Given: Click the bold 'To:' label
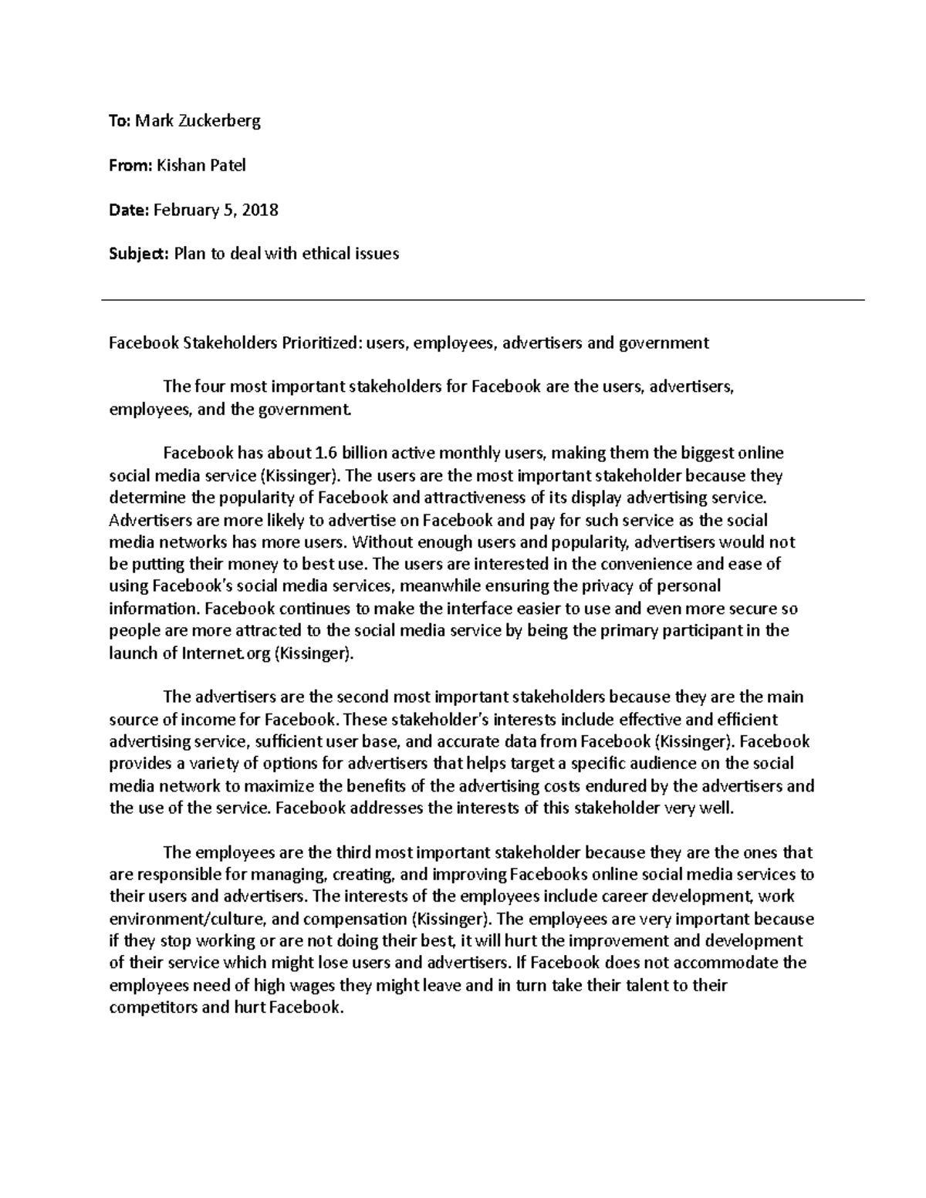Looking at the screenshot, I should pyautogui.click(x=120, y=120).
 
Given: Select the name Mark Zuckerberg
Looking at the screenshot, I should pyautogui.click(x=198, y=120).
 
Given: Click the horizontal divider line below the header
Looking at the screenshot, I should pyautogui.click(x=483, y=300).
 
